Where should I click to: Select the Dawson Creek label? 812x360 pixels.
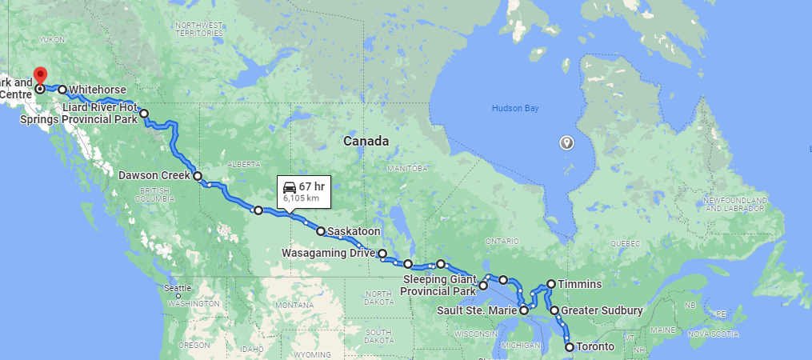pyautogui.click(x=154, y=176)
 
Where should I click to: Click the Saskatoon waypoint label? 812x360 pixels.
pyautogui.click(x=354, y=232)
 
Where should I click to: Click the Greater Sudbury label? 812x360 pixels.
pyautogui.click(x=602, y=310)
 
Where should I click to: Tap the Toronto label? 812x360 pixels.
pyautogui.click(x=596, y=347)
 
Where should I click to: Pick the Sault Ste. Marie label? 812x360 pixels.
pyautogui.click(x=477, y=310)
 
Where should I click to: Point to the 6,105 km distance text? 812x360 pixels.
pyautogui.click(x=301, y=198)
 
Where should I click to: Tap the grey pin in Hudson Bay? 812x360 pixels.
pyautogui.click(x=566, y=142)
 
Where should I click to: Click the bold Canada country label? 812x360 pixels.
pyautogui.click(x=366, y=141)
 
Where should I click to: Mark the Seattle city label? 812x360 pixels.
pyautogui.click(x=177, y=287)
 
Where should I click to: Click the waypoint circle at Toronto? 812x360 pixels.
pyautogui.click(x=570, y=347)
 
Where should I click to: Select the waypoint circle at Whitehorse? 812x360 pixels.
pyautogui.click(x=62, y=90)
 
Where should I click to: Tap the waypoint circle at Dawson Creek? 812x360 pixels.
pyautogui.click(x=197, y=176)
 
